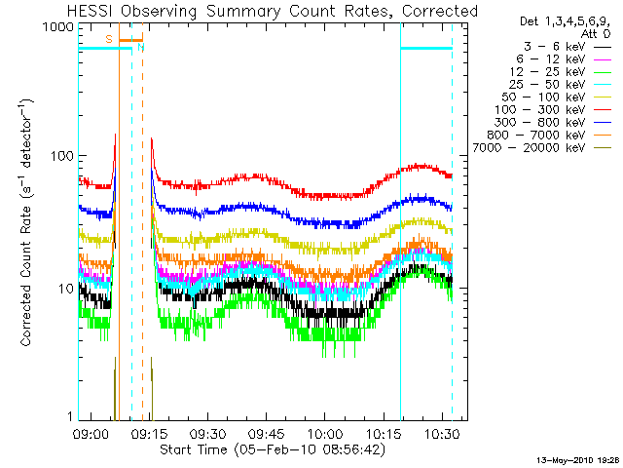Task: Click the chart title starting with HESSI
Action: click(x=273, y=11)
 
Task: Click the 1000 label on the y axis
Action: click(x=58, y=27)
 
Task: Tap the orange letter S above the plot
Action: click(x=108, y=38)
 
